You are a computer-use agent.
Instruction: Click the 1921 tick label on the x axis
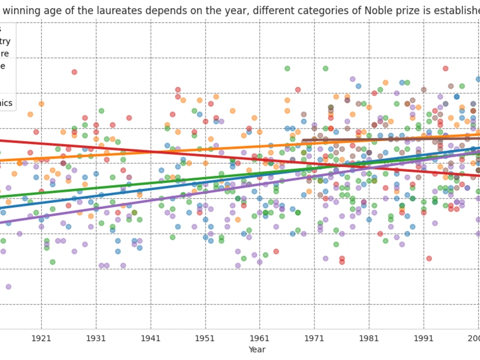[x=41, y=338]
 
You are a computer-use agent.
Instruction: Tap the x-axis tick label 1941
[x=151, y=338]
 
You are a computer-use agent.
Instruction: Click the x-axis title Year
[x=257, y=349]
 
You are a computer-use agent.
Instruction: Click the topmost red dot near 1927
[x=74, y=72]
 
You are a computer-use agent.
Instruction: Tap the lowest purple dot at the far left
[x=8, y=287]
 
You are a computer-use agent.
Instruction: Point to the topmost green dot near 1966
[x=287, y=69]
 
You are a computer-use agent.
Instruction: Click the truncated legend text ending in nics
[x=6, y=103]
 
